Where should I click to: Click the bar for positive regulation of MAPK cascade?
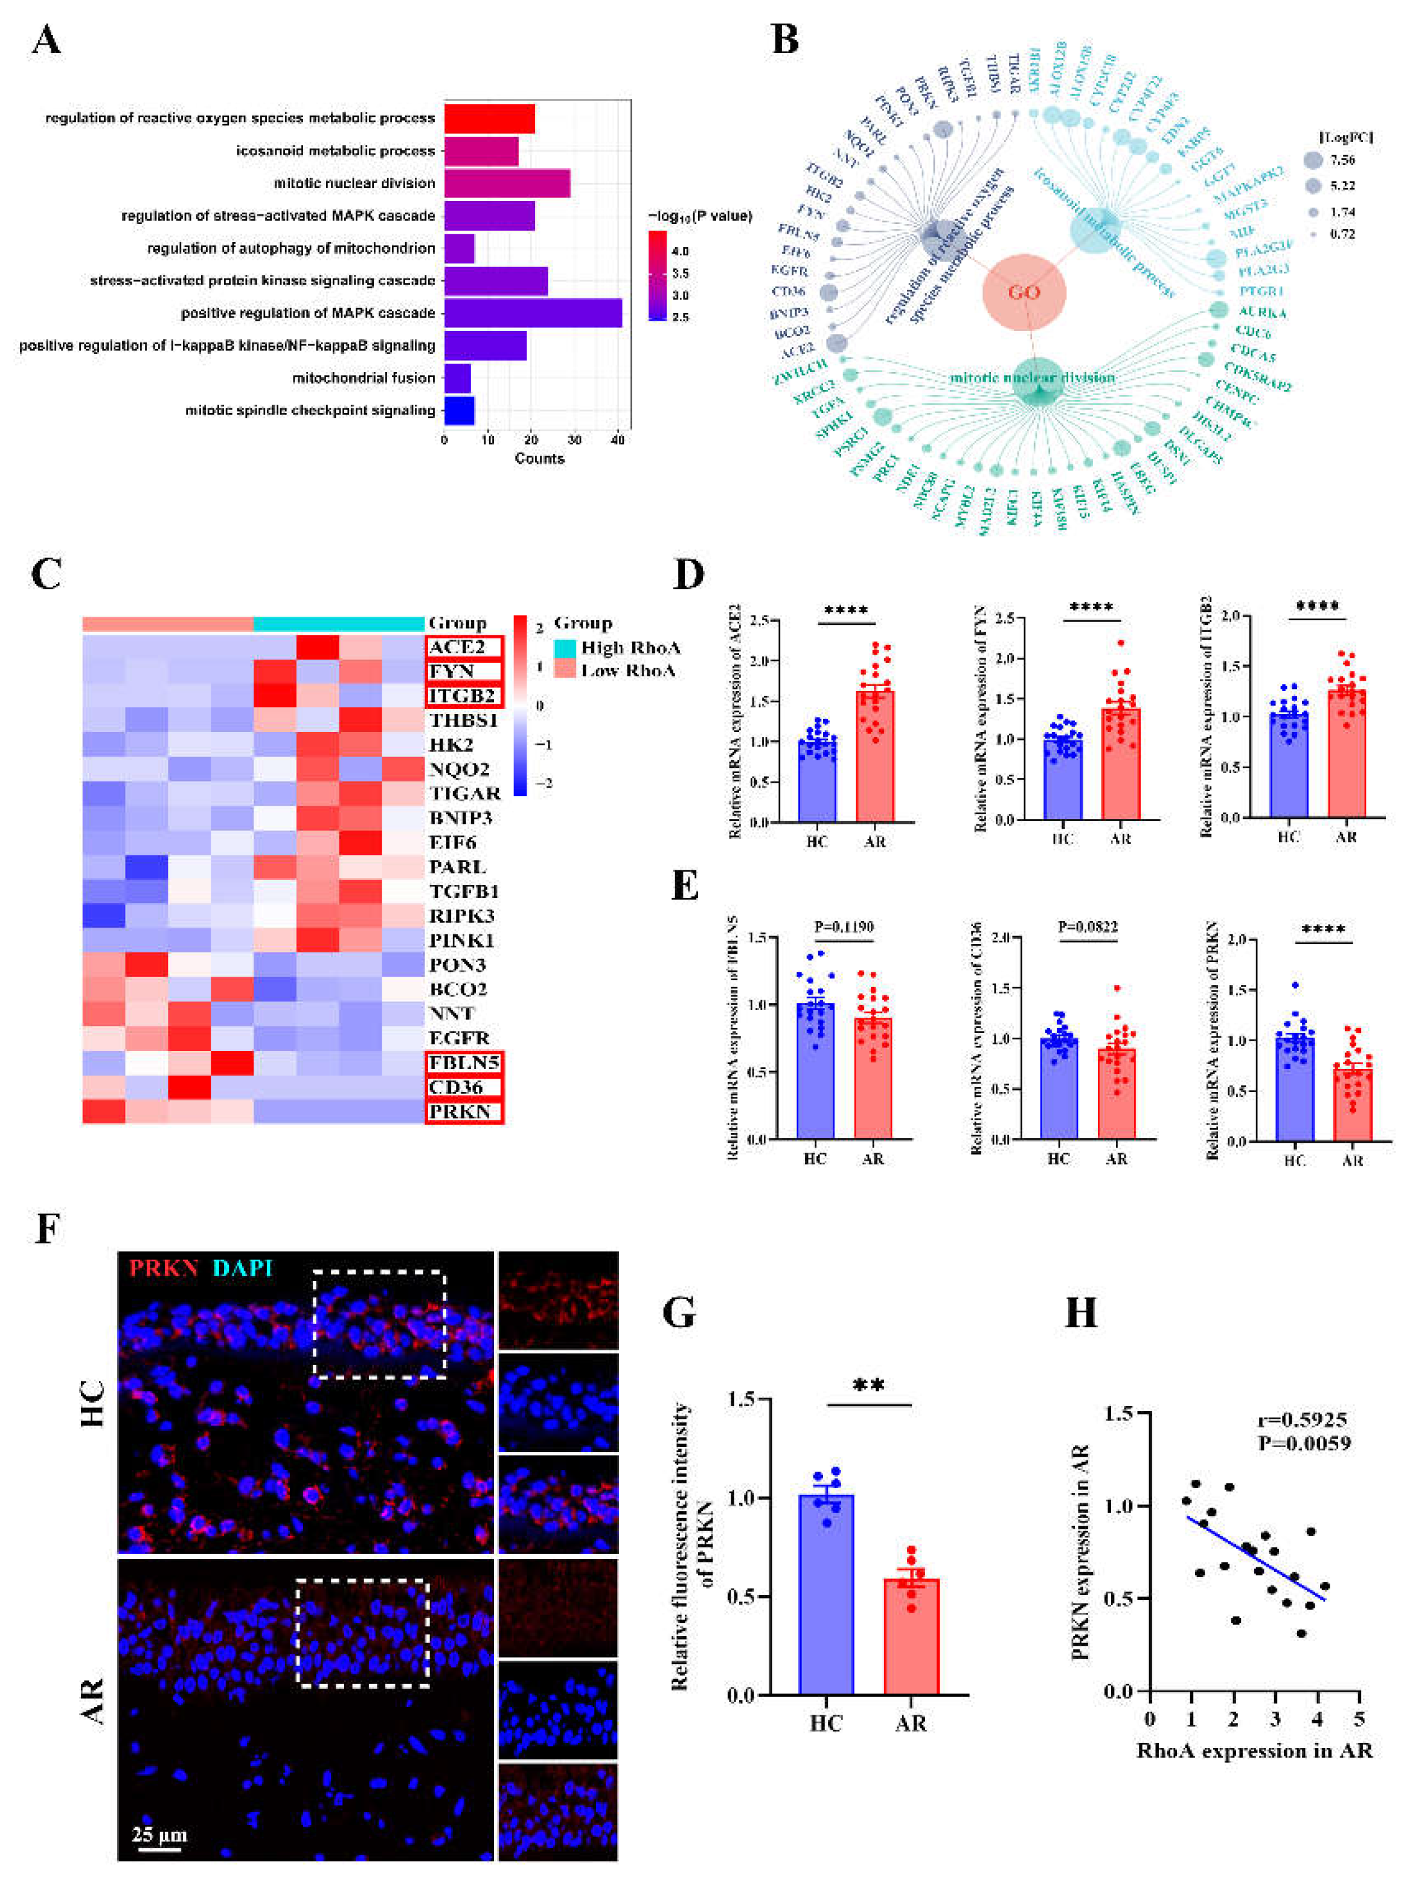point(533,312)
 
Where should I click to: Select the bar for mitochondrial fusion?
point(457,377)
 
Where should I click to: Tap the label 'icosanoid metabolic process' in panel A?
point(336,151)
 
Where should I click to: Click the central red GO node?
point(1024,292)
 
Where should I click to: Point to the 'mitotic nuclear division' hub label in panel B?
point(1032,377)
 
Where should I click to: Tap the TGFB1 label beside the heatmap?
point(463,891)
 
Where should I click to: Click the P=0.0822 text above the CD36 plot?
point(1087,926)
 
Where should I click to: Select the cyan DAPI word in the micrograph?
point(243,1268)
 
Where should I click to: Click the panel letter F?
point(47,1230)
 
